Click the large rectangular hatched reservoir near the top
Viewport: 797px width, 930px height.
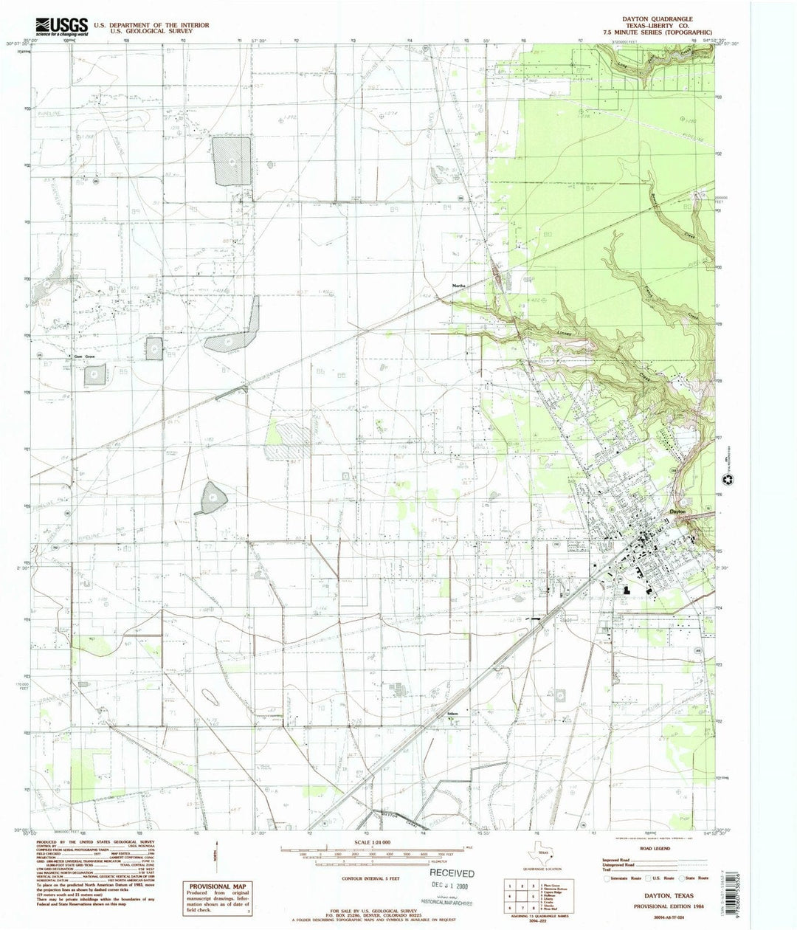(x=232, y=160)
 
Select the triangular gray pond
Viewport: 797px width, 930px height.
(x=210, y=498)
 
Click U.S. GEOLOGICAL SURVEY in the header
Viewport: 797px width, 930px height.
(x=151, y=32)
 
